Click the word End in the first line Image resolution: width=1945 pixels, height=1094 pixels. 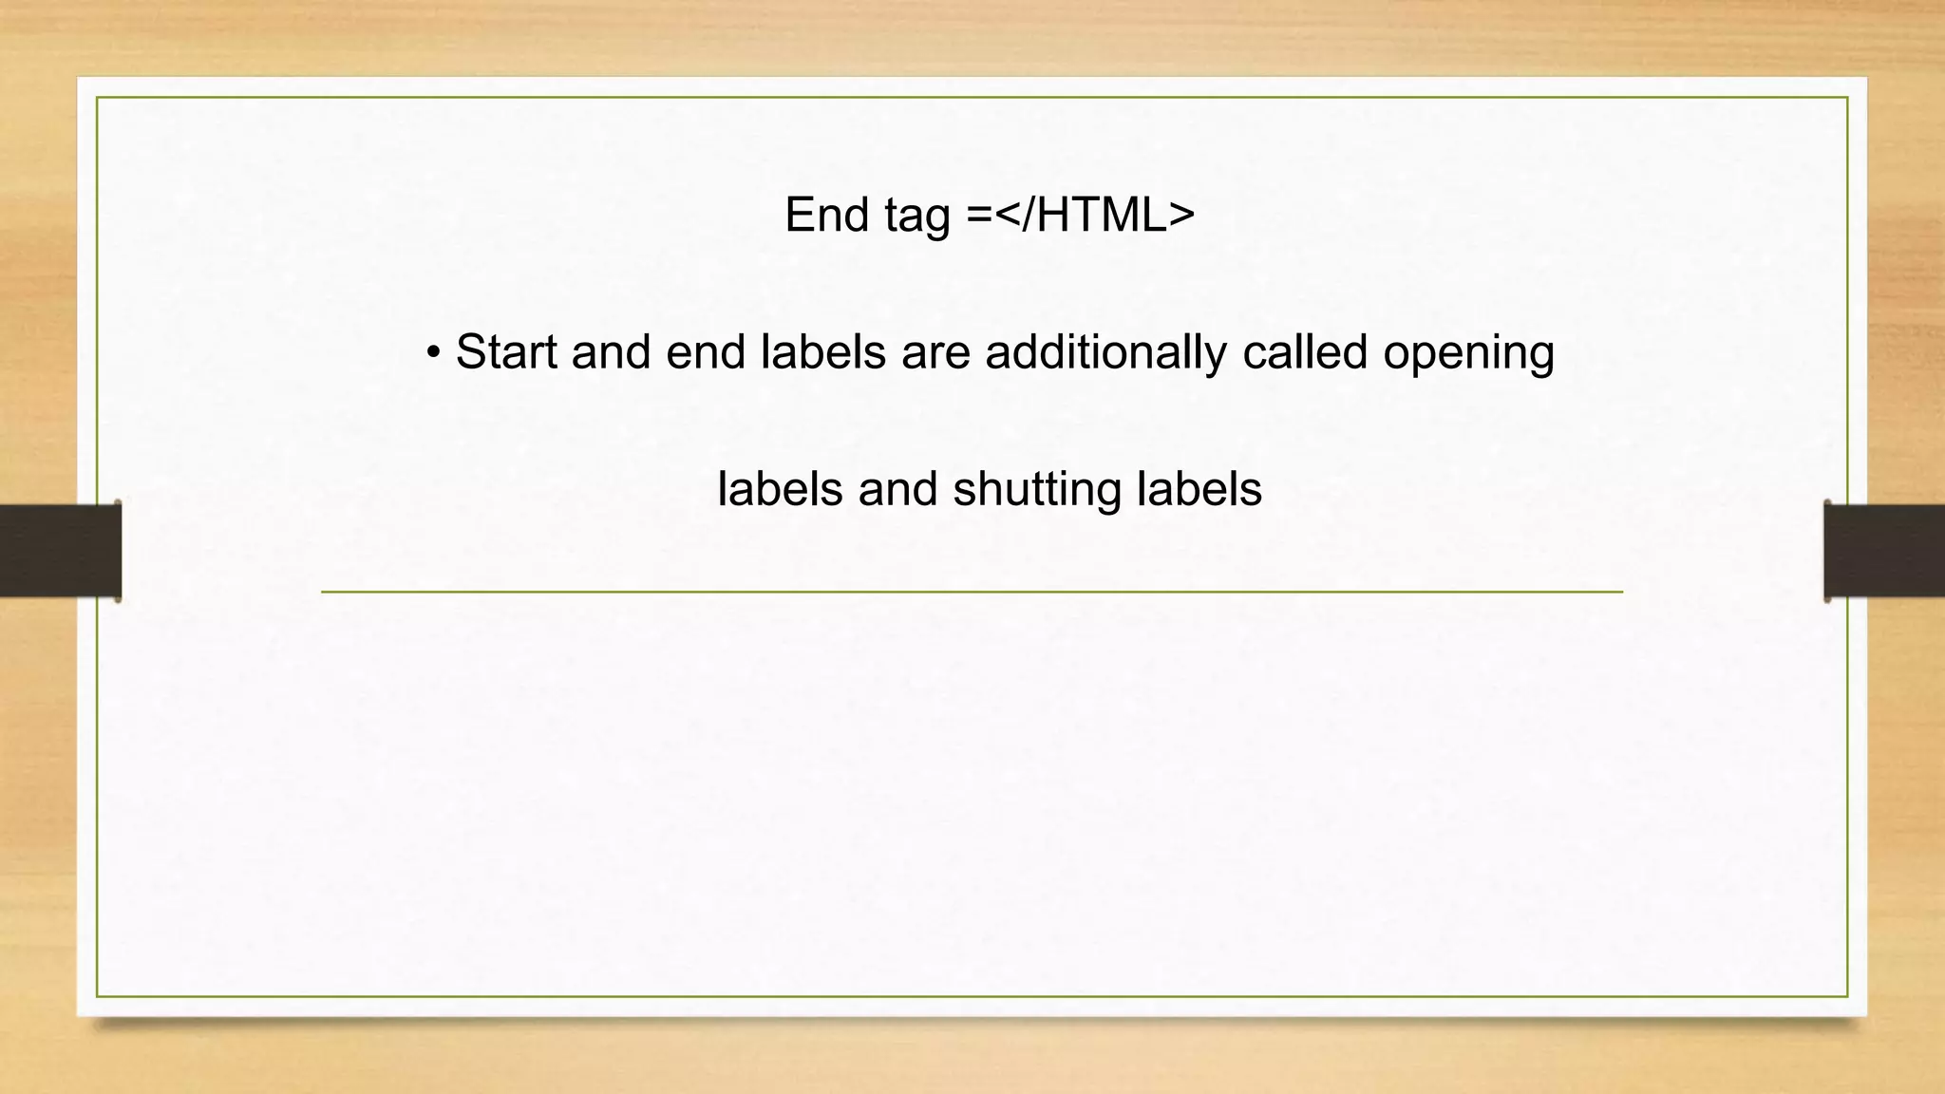(826, 215)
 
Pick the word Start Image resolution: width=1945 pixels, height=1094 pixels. (506, 352)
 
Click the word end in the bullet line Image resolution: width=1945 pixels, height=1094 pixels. (705, 352)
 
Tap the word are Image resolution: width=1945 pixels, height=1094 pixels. (935, 352)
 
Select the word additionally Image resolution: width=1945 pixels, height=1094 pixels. (1106, 352)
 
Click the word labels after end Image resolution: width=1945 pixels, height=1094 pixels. (822, 352)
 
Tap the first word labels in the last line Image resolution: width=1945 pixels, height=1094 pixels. (780, 490)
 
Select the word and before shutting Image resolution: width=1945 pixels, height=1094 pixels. (897, 490)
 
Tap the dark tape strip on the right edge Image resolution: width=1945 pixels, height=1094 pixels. (1884, 551)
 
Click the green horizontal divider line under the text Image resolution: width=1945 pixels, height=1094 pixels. (972, 592)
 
